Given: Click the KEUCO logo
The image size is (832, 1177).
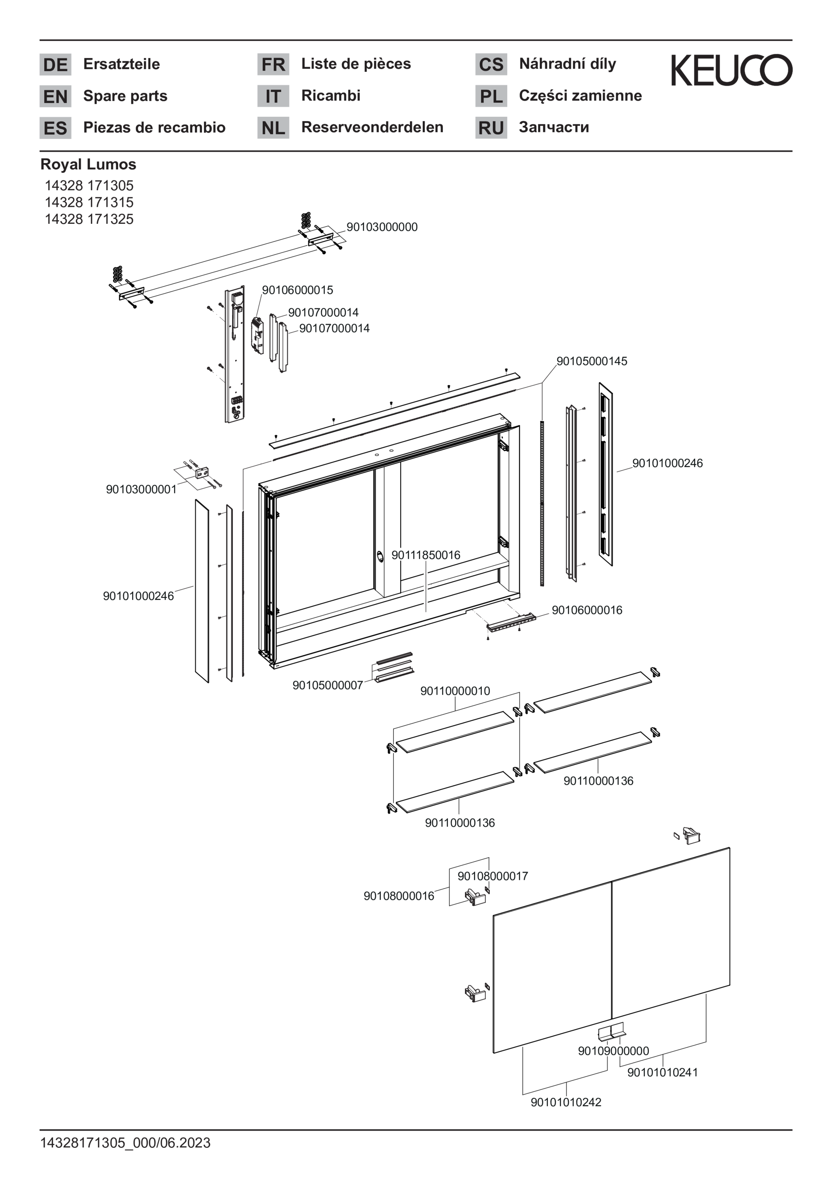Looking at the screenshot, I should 731,70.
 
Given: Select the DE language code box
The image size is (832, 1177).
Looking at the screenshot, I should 55,65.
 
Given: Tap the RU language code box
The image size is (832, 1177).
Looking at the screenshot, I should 491,127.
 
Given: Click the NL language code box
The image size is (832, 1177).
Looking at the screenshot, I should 273,127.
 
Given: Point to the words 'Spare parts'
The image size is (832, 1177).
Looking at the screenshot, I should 125,96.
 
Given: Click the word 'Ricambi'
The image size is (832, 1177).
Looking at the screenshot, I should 331,96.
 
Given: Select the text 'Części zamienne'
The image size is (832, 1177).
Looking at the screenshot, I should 580,96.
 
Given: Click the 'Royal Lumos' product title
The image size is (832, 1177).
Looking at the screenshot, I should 88,165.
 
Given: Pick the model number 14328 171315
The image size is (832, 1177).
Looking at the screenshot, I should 89,202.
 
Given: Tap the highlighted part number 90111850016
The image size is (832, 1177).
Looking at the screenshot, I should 425,555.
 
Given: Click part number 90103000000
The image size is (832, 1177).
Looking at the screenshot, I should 382,227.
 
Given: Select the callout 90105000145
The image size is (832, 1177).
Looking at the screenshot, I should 592,362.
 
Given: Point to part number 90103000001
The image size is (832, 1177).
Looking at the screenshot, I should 141,489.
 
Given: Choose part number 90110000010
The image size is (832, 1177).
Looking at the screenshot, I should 455,691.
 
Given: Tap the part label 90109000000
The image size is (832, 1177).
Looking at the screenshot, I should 613,1051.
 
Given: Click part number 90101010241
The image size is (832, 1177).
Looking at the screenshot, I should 662,1072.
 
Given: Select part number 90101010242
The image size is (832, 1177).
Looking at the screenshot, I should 566,1102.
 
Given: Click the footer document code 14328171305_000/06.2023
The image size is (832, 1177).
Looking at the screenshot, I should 125,1143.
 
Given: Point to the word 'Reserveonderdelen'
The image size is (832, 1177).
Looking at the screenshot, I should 372,127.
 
